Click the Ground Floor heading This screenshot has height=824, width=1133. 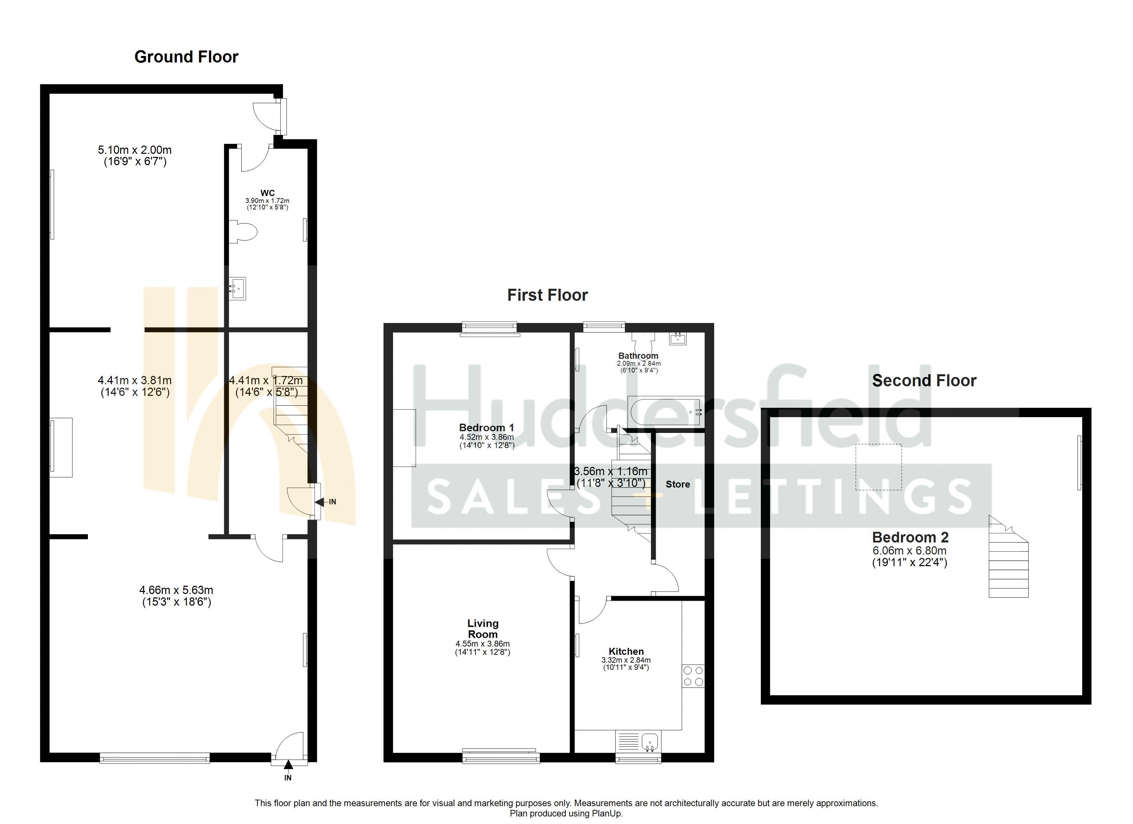[186, 57]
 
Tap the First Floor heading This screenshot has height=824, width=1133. [548, 295]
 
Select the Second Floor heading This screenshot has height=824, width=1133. [924, 381]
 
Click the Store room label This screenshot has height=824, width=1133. [677, 484]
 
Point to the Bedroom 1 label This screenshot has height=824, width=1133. [486, 428]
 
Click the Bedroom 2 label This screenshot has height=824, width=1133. [910, 538]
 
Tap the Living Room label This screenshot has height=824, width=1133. [483, 629]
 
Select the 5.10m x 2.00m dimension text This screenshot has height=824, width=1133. [135, 155]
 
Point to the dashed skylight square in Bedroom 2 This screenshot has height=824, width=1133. [879, 467]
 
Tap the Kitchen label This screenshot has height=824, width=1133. [626, 652]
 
